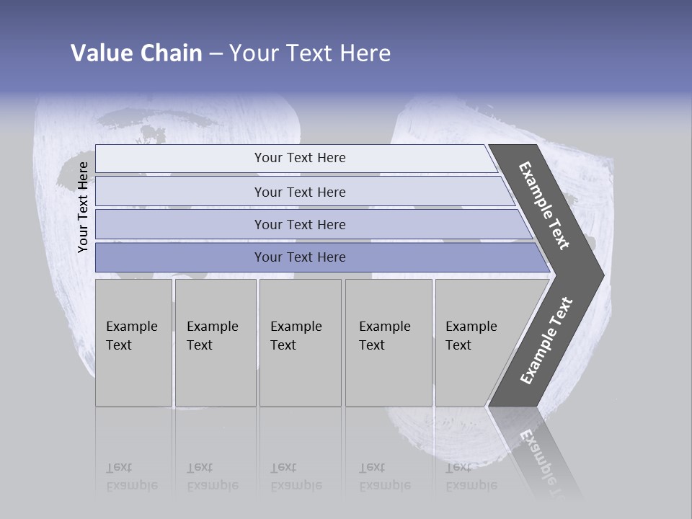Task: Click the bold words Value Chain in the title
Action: [x=136, y=53]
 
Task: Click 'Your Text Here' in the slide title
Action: [x=310, y=53]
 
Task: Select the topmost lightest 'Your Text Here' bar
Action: [x=300, y=158]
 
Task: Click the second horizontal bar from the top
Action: [x=300, y=192]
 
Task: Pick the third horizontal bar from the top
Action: [x=300, y=224]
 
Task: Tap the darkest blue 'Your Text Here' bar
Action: [x=300, y=257]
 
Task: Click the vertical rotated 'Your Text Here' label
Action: [x=83, y=207]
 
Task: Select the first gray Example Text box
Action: [x=133, y=342]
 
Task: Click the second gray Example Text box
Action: [x=215, y=342]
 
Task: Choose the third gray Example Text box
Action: [x=299, y=342]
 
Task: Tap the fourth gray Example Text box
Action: [x=388, y=342]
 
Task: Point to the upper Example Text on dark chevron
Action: [x=544, y=205]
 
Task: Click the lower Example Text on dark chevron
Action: [x=546, y=341]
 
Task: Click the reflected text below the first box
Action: [x=131, y=476]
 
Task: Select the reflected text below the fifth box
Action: [x=471, y=476]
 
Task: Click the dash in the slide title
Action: [x=216, y=54]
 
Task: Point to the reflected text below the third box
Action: [x=296, y=476]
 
